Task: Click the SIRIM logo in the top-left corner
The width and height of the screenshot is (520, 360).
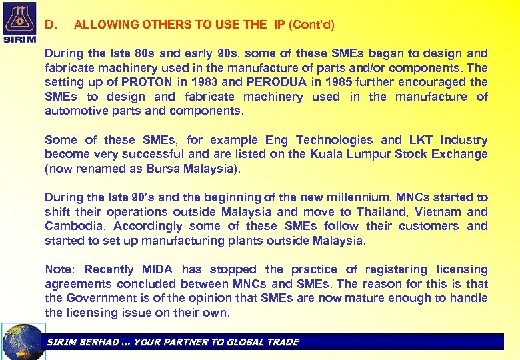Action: coord(20,22)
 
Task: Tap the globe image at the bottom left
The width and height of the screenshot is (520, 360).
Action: coord(23,341)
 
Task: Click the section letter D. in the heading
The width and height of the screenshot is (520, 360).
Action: coord(51,25)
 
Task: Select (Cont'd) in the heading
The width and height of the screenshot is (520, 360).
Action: coord(311,25)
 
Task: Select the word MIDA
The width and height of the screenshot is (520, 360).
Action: coord(157,269)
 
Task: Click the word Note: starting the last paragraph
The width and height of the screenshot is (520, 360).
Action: coord(60,269)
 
